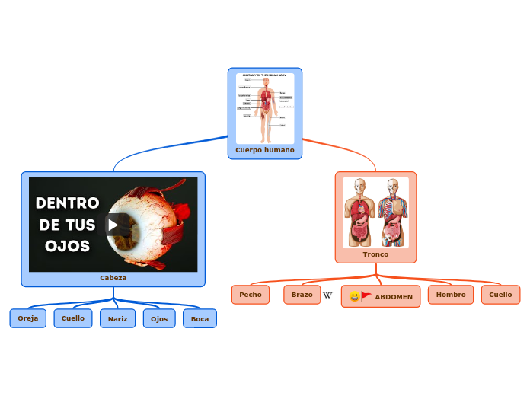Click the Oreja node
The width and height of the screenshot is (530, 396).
[28, 318]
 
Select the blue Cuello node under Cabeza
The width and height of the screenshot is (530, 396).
[73, 318]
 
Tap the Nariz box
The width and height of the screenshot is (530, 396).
[117, 318]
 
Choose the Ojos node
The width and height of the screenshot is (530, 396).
[159, 318]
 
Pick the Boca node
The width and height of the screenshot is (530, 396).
[200, 318]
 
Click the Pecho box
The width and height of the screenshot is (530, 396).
[251, 294]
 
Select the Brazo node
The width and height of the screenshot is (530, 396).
[302, 294]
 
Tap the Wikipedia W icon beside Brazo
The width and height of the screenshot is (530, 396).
[327, 295]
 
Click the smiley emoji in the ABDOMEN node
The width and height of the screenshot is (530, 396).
[354, 296]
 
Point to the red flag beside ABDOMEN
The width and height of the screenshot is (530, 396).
[366, 295]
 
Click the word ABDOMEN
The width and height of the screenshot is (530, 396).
[394, 297]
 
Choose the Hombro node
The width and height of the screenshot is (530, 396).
[451, 294]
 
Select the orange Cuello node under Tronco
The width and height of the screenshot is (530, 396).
[500, 294]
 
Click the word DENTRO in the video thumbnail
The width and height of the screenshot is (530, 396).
[68, 203]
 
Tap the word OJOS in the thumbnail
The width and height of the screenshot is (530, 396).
[67, 246]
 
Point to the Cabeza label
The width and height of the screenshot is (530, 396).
[113, 278]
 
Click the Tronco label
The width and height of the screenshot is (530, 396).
[375, 254]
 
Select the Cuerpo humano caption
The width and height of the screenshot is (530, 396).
[265, 150]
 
